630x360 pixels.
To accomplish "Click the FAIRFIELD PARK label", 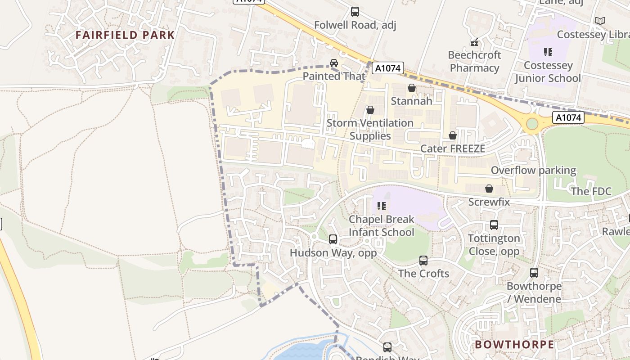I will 125,35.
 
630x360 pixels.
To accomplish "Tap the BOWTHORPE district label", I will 514,345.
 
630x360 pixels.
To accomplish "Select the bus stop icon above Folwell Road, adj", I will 355,12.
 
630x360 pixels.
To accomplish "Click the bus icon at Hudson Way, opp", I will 333,239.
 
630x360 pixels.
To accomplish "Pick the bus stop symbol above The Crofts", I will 423,260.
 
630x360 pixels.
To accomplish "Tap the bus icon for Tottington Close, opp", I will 494,225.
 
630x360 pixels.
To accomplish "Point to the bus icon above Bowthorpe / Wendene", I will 534,273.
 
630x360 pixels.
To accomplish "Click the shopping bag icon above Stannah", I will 411,88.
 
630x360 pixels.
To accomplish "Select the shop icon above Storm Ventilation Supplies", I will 370,110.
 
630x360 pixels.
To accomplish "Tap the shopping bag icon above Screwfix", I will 489,189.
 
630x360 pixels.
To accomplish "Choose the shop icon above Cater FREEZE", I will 453,135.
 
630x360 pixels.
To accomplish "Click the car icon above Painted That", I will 334,63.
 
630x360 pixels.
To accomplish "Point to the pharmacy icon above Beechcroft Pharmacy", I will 474,42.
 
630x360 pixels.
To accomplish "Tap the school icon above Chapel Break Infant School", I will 382,206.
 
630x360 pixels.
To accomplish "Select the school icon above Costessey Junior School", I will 548,52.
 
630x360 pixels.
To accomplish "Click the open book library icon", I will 600,21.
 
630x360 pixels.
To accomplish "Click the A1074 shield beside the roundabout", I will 568,118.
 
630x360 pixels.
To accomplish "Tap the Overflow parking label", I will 533,171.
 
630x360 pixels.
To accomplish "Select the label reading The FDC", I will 591,192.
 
